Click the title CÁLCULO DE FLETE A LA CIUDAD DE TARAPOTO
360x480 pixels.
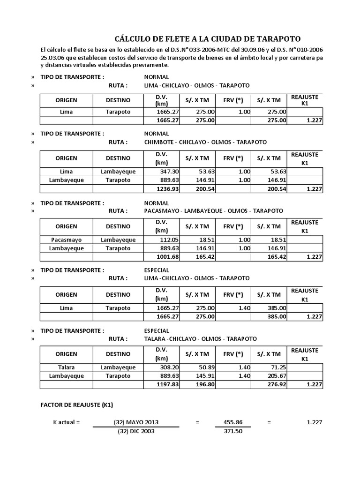click(x=208, y=39)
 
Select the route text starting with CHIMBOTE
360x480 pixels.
click(x=205, y=142)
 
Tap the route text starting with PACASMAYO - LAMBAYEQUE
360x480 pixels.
click(x=213, y=211)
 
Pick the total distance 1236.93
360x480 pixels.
click(x=161, y=188)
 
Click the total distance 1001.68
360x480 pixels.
click(x=161, y=257)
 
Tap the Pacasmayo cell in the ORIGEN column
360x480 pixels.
click(x=66, y=240)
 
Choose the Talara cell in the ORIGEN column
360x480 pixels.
click(x=66, y=367)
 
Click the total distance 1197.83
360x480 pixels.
click(x=161, y=385)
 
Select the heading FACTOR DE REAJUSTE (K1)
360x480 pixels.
click(x=76, y=405)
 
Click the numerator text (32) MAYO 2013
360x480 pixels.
click(x=136, y=422)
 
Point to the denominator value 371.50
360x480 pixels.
click(x=233, y=431)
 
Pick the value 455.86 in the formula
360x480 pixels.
click(x=233, y=422)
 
